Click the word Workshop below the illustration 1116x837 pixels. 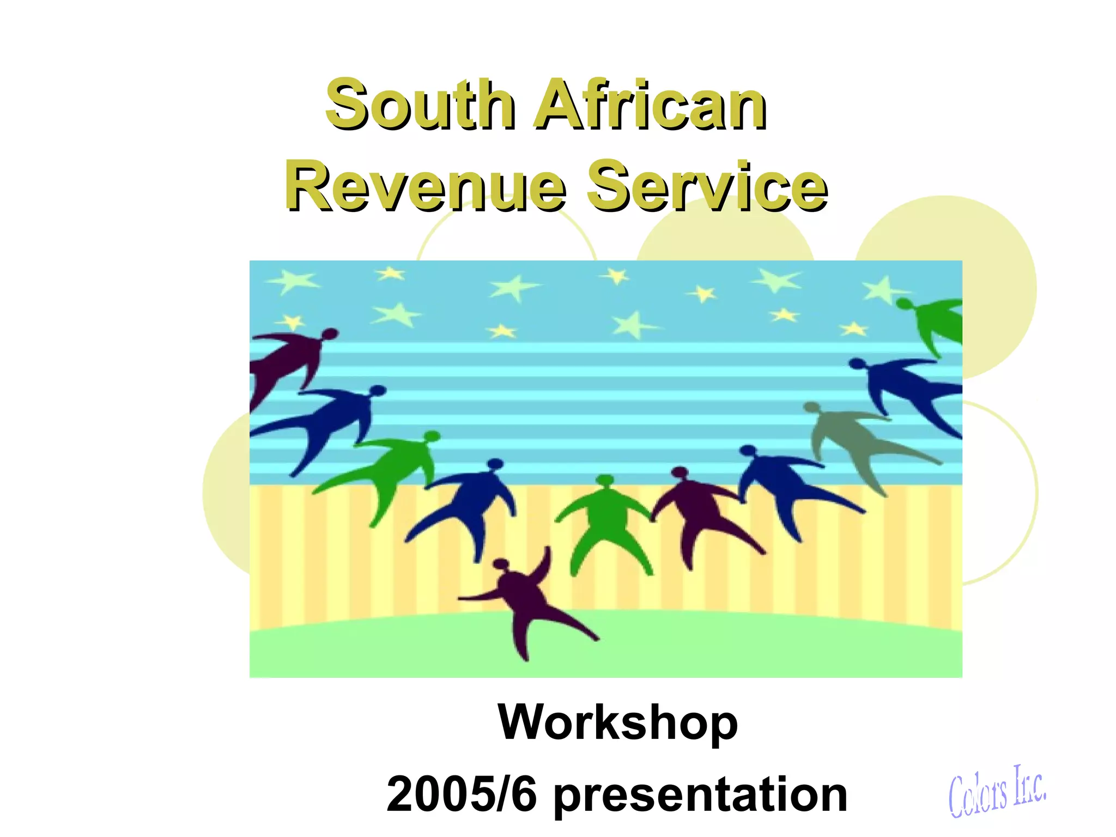point(617,722)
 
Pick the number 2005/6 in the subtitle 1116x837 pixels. point(461,794)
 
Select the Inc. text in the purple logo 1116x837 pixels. point(1029,785)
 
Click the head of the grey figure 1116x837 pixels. point(811,408)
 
